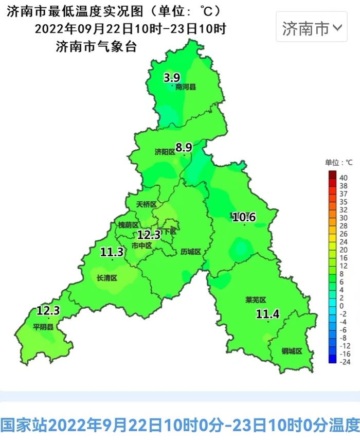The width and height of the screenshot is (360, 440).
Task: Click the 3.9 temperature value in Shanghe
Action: click(x=172, y=78)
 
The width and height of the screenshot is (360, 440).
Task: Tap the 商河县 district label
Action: click(x=186, y=87)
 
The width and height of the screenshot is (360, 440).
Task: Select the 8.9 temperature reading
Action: click(x=184, y=148)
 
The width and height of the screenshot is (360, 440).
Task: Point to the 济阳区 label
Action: click(x=165, y=152)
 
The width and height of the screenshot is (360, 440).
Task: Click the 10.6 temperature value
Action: click(x=244, y=217)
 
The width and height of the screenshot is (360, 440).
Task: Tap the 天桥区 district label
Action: click(x=146, y=204)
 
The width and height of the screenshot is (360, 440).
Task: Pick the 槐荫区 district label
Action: click(x=128, y=225)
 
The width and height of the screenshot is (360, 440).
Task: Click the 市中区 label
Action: click(x=142, y=245)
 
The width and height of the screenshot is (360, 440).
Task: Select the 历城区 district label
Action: click(x=190, y=252)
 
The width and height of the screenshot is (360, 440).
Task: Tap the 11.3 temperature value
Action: click(x=112, y=252)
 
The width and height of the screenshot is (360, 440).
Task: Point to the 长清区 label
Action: click(x=107, y=278)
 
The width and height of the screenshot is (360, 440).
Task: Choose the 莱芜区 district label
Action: click(x=256, y=300)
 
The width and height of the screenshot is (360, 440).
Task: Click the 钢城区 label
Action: click(x=292, y=351)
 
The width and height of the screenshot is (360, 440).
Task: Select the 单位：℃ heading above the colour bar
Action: click(x=338, y=163)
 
